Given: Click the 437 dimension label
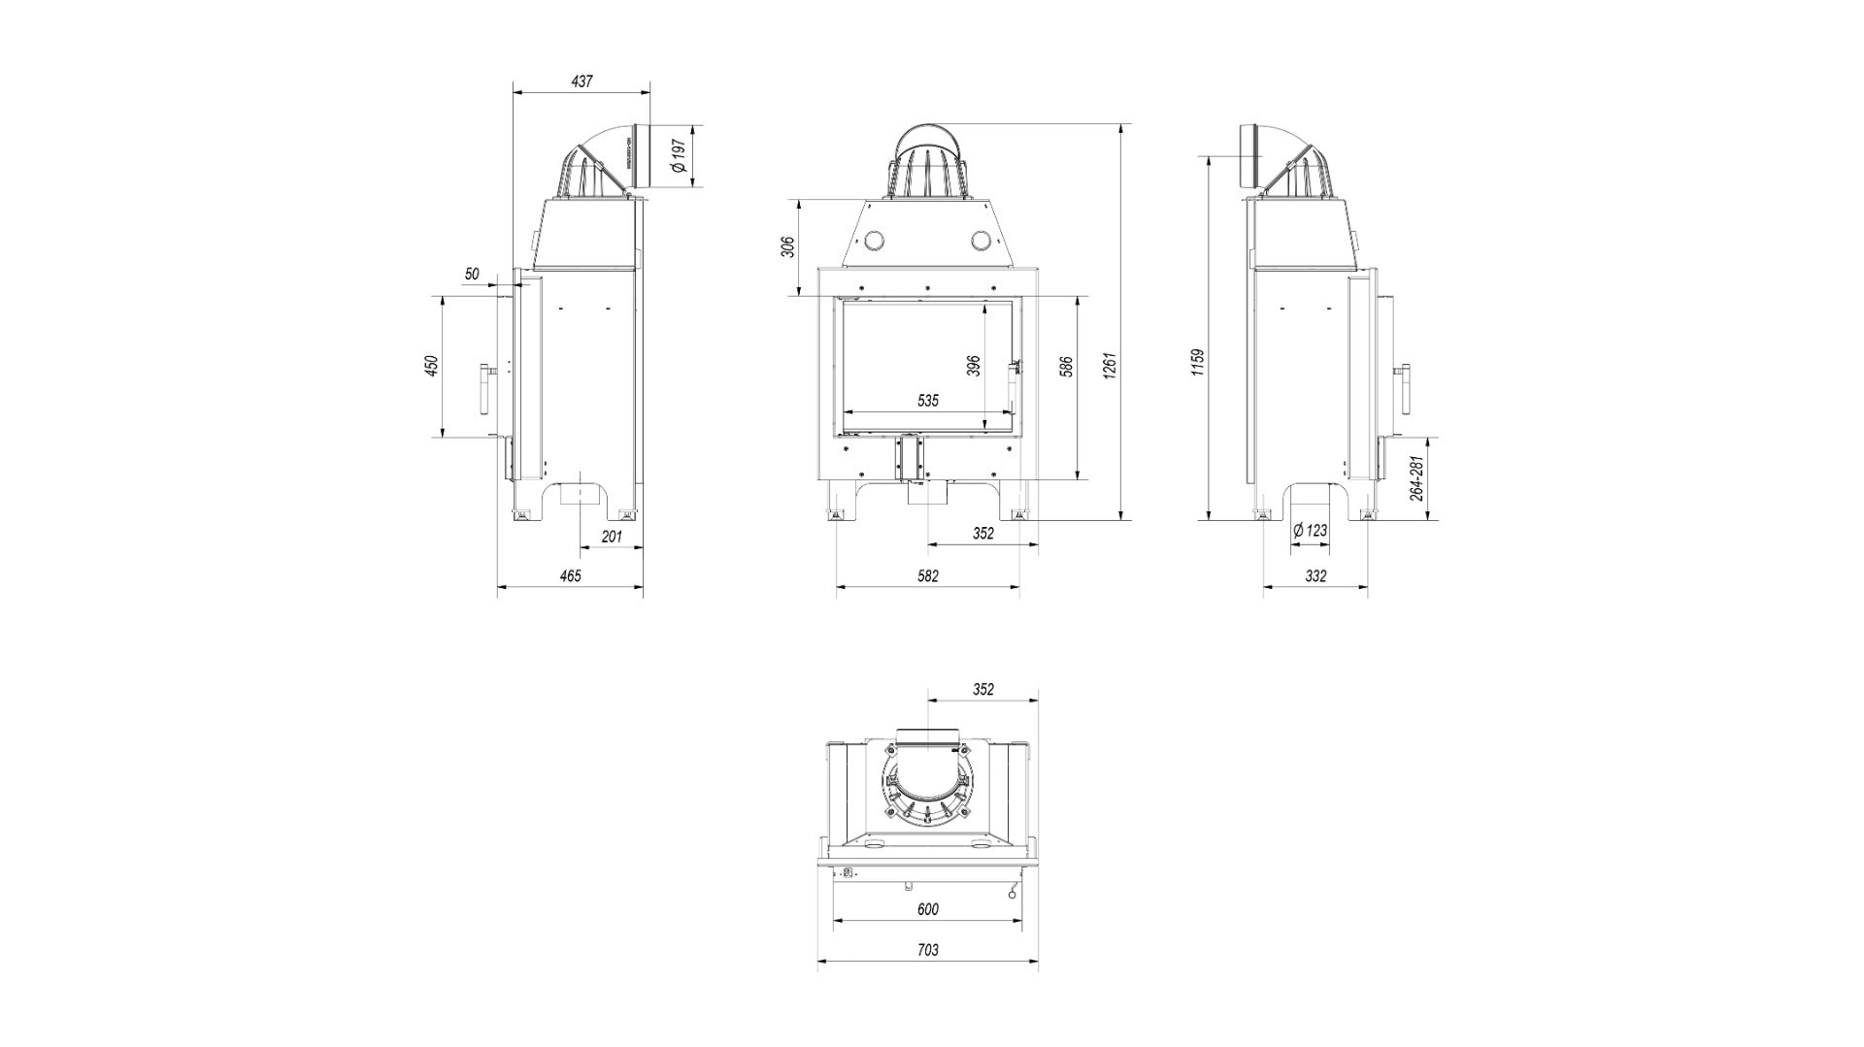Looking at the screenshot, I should tap(581, 82).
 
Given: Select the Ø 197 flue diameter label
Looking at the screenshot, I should tap(680, 156).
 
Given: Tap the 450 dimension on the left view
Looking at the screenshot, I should tap(432, 366).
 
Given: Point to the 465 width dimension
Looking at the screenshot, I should tap(570, 575).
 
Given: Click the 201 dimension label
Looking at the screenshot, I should tap(611, 537).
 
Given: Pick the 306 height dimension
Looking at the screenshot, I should tap(788, 247).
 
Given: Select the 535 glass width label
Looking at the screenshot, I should tap(927, 400).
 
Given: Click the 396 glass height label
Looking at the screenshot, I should tap(974, 365).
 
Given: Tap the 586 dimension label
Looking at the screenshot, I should tap(1066, 367).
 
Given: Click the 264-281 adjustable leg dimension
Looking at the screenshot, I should tap(1416, 478).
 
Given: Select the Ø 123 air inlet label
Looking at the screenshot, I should tap(1310, 531).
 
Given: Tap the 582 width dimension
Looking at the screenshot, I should tap(927, 575).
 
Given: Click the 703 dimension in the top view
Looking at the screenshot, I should tap(927, 950).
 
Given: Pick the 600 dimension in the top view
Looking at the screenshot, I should tap(927, 909).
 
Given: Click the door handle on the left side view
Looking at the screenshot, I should tap(483, 387).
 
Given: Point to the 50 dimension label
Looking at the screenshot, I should tap(472, 275).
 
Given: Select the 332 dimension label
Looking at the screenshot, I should tap(1315, 575).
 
